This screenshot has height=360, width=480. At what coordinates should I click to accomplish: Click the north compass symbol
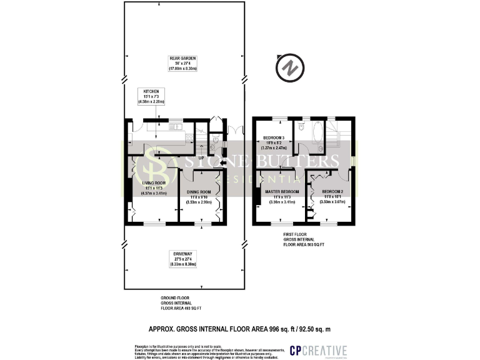pyautogui.click(x=289, y=67)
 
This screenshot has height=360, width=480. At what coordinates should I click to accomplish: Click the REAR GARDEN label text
pyautogui.click(x=182, y=63)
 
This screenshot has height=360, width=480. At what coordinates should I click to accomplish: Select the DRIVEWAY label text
pyautogui.click(x=182, y=259)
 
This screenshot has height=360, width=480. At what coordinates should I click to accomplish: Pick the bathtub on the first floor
pyautogui.click(x=316, y=132)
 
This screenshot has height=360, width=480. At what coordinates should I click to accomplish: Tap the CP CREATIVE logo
pyautogui.click(x=318, y=350)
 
